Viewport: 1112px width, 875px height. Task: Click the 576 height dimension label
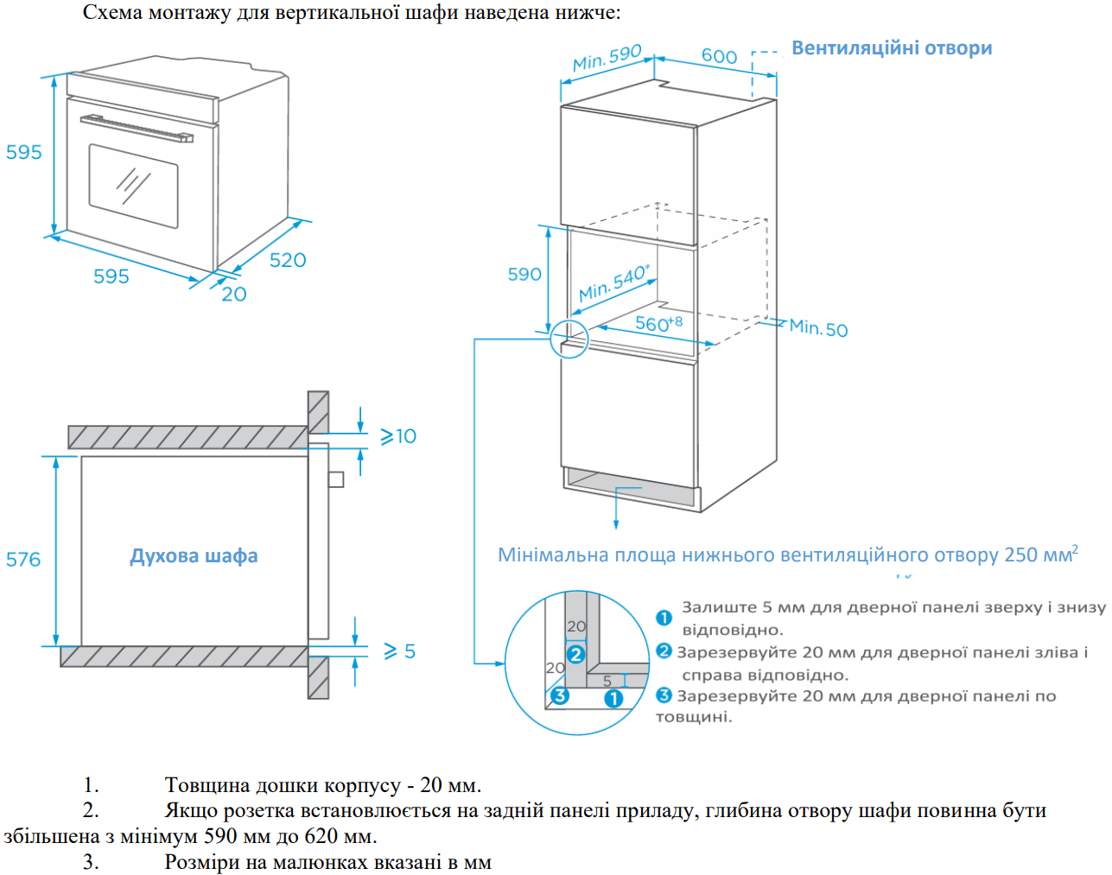coord(23,559)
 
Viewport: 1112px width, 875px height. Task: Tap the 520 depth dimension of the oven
coord(288,260)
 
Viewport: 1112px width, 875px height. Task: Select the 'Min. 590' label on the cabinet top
coord(607,58)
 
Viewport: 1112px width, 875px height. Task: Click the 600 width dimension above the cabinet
coord(719,56)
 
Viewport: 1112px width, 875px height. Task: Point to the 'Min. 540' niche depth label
coord(613,282)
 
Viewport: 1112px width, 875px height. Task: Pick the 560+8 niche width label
coord(658,324)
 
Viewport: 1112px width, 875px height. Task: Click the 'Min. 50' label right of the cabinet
coord(818,328)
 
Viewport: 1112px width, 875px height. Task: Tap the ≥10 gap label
coord(398,436)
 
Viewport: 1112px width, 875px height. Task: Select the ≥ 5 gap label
coord(399,650)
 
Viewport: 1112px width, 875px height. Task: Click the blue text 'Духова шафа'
coord(194,555)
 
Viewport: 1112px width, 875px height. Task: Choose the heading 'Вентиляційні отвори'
coord(892,48)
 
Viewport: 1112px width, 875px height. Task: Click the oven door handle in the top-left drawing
coord(137,128)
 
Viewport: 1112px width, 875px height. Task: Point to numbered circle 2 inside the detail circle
coord(575,655)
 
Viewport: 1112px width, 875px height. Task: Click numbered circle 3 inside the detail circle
coord(560,695)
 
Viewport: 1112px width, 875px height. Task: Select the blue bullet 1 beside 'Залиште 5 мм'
coord(664,618)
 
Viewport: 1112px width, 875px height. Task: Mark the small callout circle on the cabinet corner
coord(569,339)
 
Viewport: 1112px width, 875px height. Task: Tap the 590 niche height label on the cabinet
coord(524,274)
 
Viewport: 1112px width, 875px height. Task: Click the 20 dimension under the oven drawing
coord(233,295)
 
